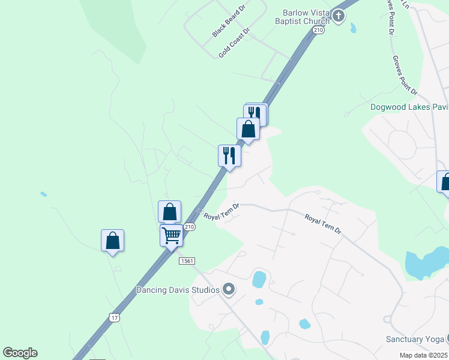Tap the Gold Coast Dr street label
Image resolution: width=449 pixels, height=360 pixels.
point(234,42)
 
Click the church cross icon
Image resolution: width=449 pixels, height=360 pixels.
point(339,16)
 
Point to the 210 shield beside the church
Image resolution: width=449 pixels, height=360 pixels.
point(318,30)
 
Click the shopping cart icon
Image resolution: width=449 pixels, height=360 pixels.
point(172,235)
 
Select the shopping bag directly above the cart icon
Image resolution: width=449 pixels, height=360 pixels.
point(169,212)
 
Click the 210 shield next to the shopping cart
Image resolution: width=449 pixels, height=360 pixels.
point(190,227)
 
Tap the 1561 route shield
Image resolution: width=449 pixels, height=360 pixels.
point(186,260)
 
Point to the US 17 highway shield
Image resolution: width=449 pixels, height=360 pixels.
point(115,316)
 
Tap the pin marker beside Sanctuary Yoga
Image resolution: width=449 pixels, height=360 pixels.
point(446,339)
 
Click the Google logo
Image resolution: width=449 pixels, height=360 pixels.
point(20,353)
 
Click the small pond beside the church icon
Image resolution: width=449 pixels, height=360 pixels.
point(352,28)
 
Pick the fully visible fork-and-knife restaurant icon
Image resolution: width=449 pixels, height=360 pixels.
point(229,155)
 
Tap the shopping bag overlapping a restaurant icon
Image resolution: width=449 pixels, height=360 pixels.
point(248,128)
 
